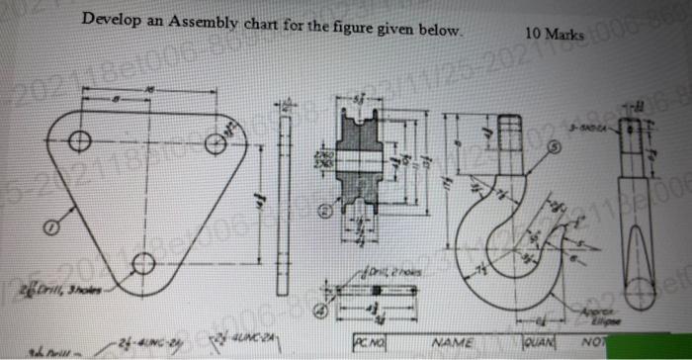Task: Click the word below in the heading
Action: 440,30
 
